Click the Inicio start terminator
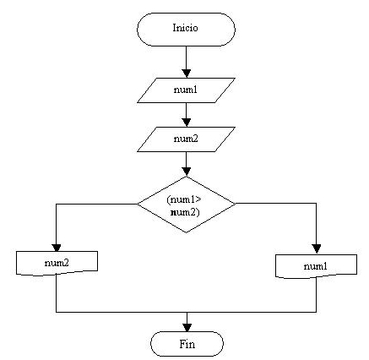coord(186,30)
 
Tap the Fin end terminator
coord(187,344)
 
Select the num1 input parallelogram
coord(186,90)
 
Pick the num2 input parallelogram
coord(186,139)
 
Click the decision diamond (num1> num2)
coord(186,205)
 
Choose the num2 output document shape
coord(57,263)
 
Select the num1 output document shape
coord(316,266)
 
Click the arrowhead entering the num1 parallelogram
coord(187,74)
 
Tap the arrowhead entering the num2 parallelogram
coord(187,123)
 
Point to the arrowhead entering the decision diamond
coord(187,172)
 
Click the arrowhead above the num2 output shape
coord(57,248)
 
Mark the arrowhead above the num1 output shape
coord(317,249)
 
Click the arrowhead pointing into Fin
coord(187,327)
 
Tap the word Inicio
coord(185,28)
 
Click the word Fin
coord(187,344)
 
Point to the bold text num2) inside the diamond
coord(185,212)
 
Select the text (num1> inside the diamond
coord(184,199)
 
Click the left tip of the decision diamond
coord(138,204)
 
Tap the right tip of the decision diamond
coord(236,203)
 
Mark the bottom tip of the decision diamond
coord(186,232)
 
